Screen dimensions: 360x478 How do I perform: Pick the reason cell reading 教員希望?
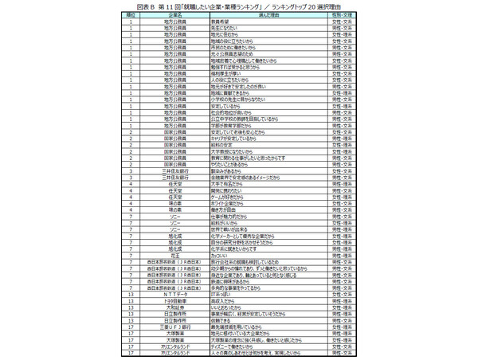(210, 22)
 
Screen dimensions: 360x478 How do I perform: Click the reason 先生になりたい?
(213, 28)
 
